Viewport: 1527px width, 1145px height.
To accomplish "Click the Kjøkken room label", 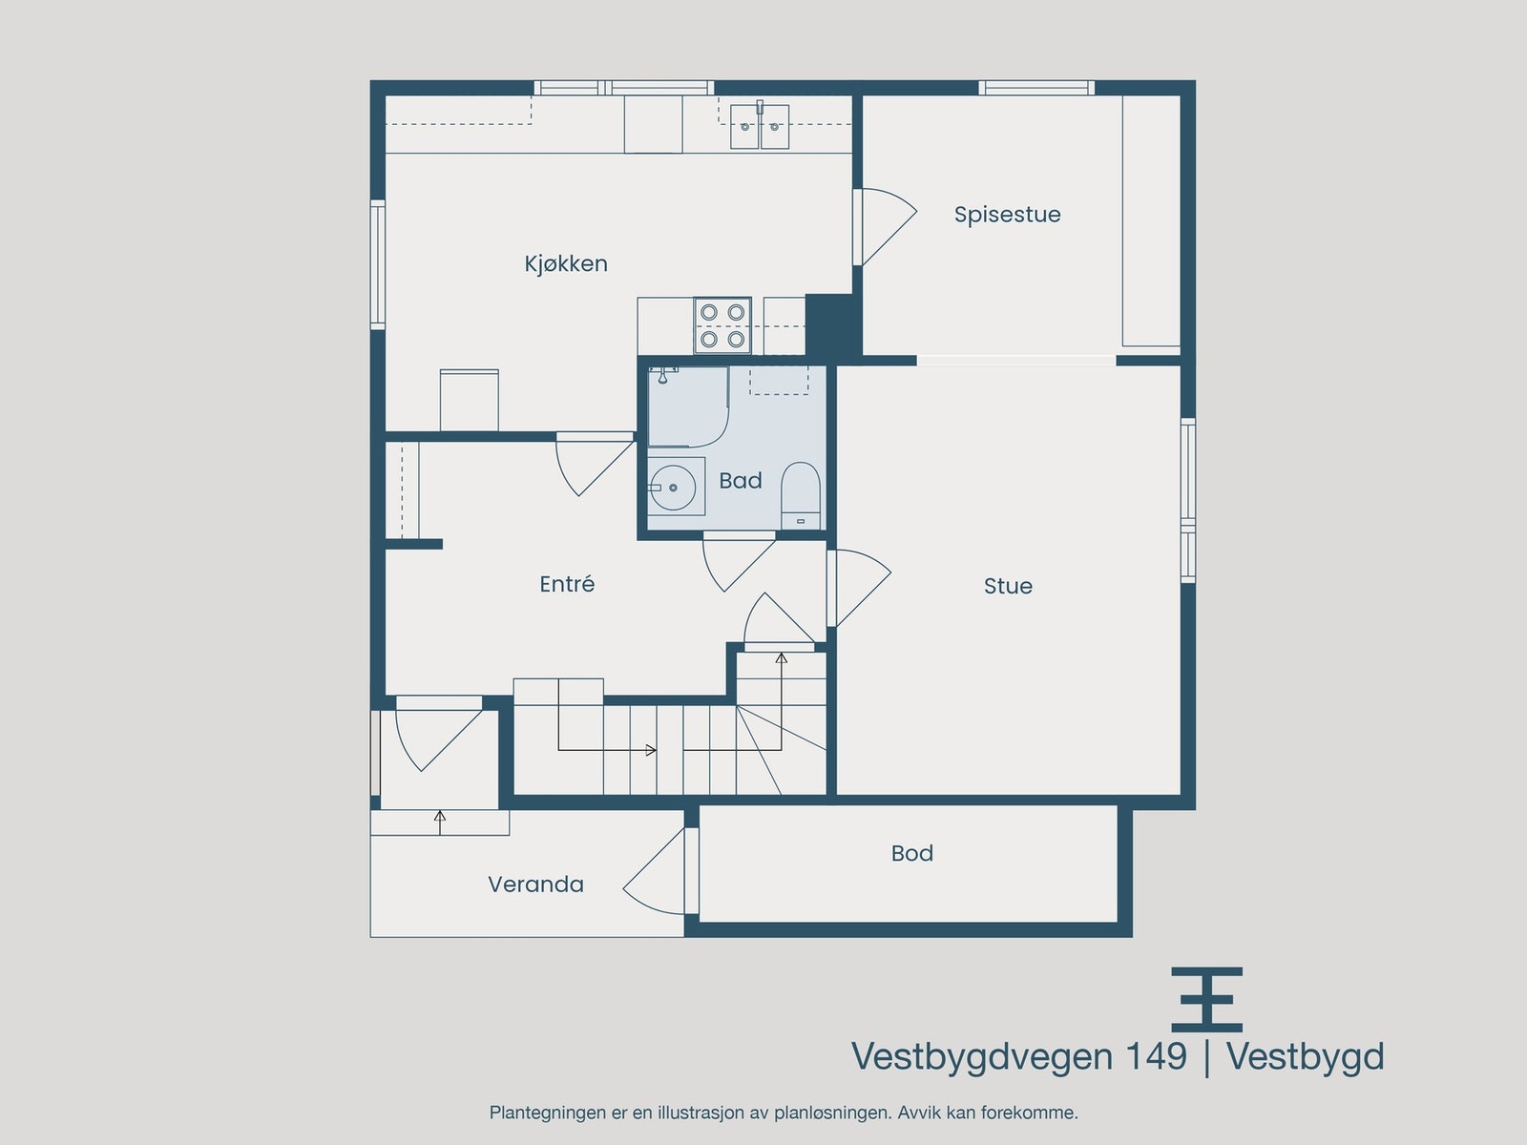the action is pyautogui.click(x=566, y=264).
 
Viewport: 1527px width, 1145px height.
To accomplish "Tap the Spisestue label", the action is pyautogui.click(x=1007, y=215).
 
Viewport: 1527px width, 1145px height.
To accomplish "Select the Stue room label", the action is pyautogui.click(x=1008, y=586).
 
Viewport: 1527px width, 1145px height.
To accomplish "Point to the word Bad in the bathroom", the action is pyautogui.click(x=741, y=480).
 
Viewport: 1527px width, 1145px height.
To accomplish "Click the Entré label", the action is pyautogui.click(x=567, y=583).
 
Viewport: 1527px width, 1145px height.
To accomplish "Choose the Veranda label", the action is pyautogui.click(x=535, y=885).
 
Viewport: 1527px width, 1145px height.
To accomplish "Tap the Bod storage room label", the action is pyautogui.click(x=912, y=853).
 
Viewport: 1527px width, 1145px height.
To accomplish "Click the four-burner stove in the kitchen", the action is pyautogui.click(x=722, y=325).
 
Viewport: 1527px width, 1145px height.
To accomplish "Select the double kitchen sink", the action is pyautogui.click(x=760, y=126).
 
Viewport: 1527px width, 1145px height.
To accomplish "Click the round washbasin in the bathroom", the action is pyautogui.click(x=673, y=488).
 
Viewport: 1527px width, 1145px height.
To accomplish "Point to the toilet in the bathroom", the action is pyautogui.click(x=801, y=495).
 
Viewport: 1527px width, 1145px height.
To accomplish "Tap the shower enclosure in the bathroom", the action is pyautogui.click(x=688, y=406).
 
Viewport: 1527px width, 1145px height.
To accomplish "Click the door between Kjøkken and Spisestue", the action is pyautogui.click(x=885, y=227).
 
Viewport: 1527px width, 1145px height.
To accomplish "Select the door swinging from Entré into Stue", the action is pyautogui.click(x=859, y=588).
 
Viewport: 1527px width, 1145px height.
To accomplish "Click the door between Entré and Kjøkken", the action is pyautogui.click(x=596, y=465).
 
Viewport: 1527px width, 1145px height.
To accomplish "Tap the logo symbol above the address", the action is pyautogui.click(x=1207, y=999).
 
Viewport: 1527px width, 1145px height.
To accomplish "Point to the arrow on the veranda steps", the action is pyautogui.click(x=440, y=822).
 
